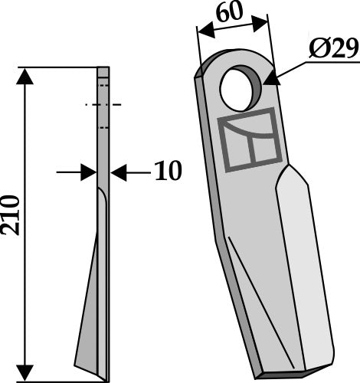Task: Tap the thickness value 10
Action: point(166,171)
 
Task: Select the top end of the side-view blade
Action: point(103,71)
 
